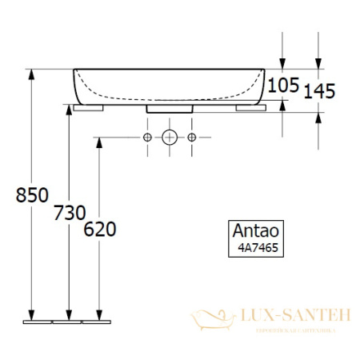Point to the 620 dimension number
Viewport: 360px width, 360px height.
99,230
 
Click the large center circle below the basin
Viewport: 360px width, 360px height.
169,138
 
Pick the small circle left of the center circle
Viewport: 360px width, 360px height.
147,138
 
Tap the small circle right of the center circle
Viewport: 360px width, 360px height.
191,138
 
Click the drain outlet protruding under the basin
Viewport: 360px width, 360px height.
169,108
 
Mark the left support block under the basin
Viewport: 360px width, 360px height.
87,106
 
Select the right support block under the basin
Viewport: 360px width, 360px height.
251,106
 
